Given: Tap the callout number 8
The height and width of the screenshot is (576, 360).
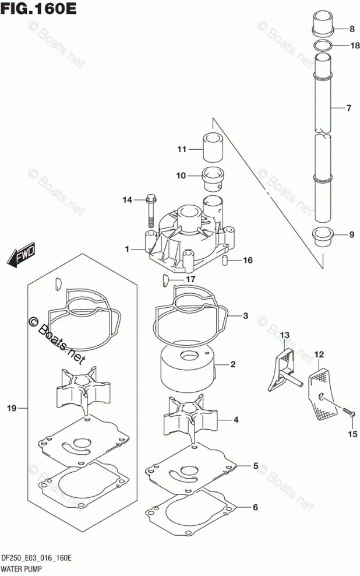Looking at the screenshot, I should pos(352,29).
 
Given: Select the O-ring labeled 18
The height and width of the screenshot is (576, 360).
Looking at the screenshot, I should pos(323,46).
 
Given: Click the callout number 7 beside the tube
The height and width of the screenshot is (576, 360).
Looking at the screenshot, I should pos(349,108).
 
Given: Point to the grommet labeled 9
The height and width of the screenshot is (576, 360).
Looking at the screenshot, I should pos(322,236).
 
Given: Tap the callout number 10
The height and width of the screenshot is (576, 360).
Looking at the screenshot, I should pos(181,175).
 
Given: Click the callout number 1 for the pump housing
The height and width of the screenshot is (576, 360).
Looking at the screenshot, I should pos(126,249).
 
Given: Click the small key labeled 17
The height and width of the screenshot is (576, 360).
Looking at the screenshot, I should pos(165,280).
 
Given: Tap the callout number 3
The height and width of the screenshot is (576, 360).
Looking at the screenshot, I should pos(246,317).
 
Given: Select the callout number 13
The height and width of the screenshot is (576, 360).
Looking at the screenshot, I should pos(284,335).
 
